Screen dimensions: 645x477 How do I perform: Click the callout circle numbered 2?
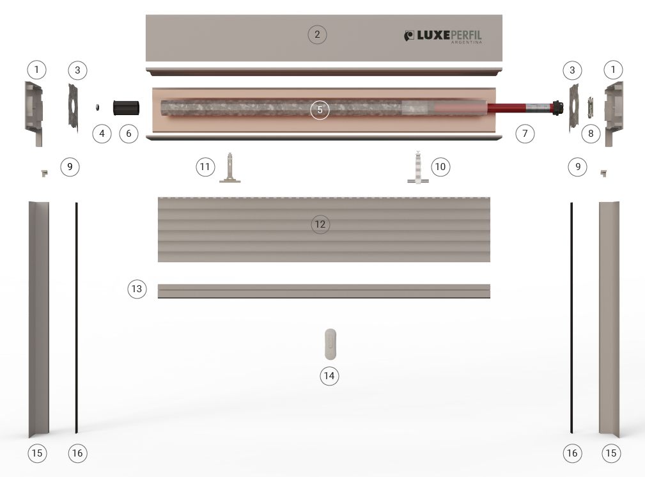(x=317, y=35)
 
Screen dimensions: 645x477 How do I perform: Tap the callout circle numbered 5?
(x=320, y=110)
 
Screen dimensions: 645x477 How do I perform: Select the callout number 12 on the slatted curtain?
(x=320, y=224)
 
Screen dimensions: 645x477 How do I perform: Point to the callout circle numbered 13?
(x=137, y=289)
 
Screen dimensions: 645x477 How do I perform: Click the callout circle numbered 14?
(x=329, y=376)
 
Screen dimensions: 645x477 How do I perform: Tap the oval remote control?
(x=330, y=344)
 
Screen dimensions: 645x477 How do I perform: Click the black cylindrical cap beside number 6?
(x=127, y=108)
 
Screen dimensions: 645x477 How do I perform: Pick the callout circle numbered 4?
(x=102, y=134)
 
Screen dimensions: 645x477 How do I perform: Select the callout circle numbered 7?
(x=525, y=134)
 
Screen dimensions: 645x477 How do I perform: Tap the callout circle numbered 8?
(x=591, y=134)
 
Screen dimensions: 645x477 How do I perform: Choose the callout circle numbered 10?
(x=440, y=167)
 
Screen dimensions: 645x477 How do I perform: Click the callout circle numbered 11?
(x=205, y=167)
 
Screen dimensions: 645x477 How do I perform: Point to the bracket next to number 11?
(x=230, y=168)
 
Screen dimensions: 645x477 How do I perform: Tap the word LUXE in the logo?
(x=433, y=35)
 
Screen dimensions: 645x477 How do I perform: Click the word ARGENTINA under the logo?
(x=467, y=42)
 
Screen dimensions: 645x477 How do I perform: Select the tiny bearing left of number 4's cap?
(x=98, y=107)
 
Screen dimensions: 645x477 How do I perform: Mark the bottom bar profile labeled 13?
(x=324, y=292)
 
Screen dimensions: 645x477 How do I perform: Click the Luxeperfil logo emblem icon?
(x=409, y=36)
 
